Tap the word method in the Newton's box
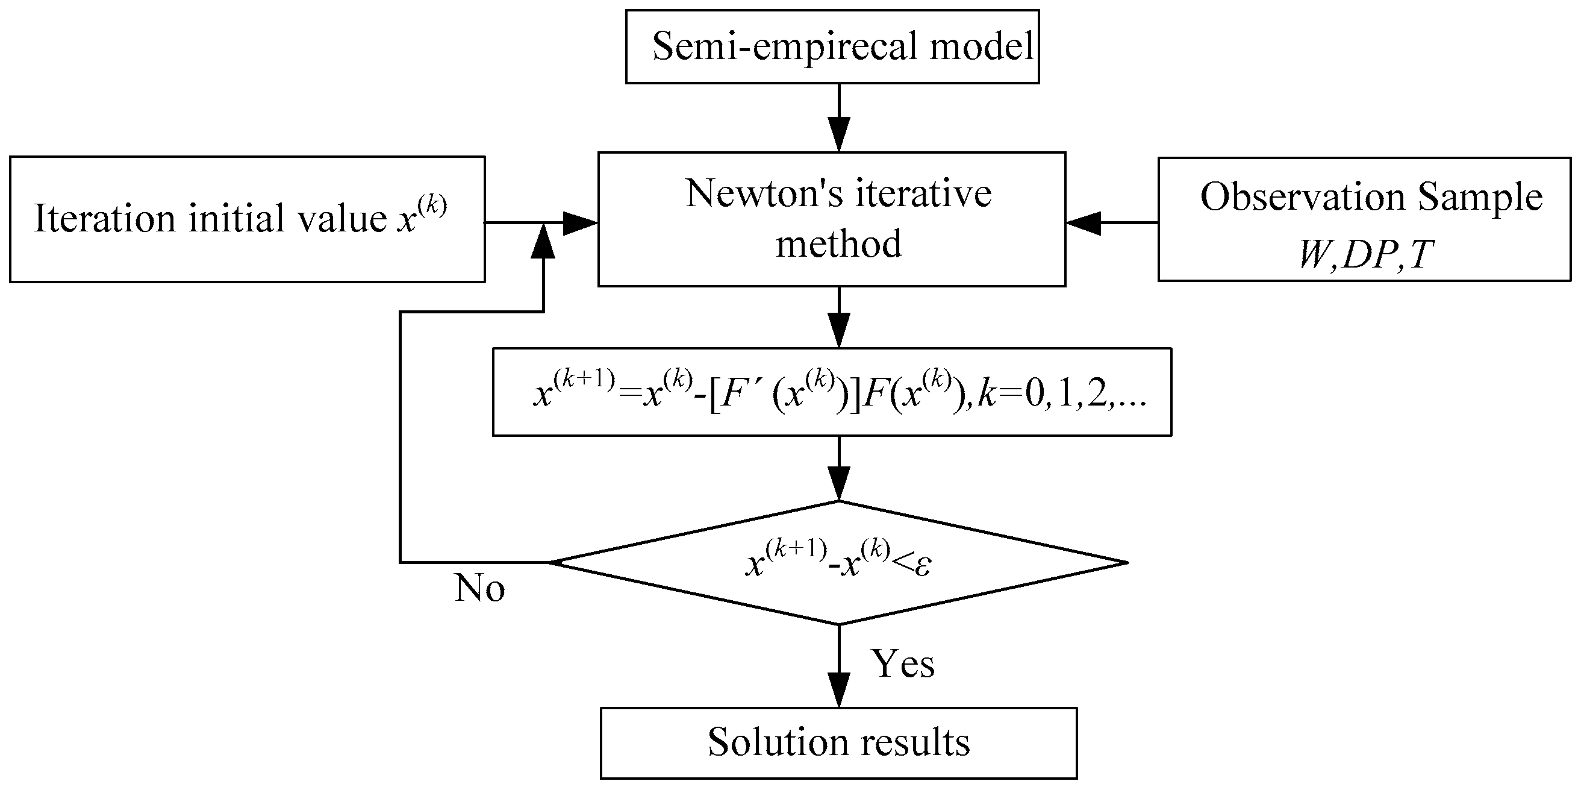[x=838, y=243]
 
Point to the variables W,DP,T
[x=1365, y=254]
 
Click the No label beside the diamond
[x=479, y=588]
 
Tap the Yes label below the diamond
[x=903, y=665]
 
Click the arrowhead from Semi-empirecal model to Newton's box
[x=839, y=134]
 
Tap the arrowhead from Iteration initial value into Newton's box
[x=579, y=223]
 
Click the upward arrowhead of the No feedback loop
[x=544, y=241]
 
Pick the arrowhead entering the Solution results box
[x=839, y=691]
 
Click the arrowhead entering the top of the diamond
[x=839, y=485]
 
